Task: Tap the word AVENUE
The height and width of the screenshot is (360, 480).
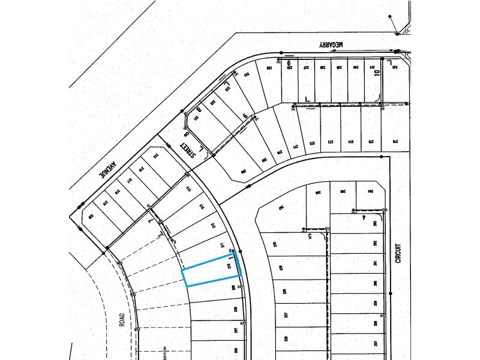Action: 109,171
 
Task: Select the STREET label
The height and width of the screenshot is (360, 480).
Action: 190,153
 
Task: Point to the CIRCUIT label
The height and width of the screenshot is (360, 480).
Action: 397,253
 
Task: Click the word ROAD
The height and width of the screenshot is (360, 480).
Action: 122,319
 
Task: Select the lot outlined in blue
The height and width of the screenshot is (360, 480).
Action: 211,272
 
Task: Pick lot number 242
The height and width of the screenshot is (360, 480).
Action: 395,68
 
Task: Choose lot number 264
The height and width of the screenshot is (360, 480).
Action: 371,191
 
